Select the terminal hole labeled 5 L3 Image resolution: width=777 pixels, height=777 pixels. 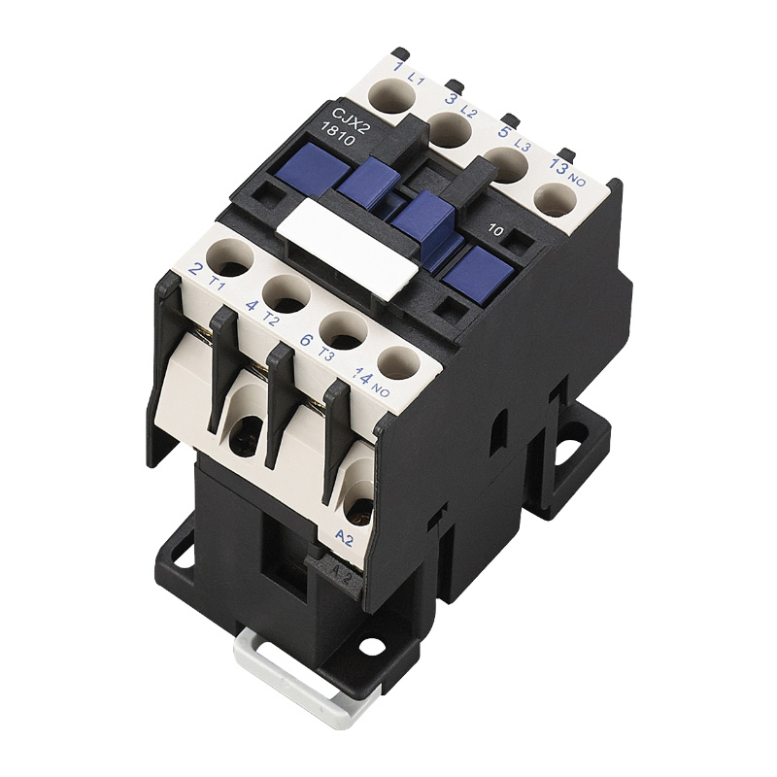point(504,163)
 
